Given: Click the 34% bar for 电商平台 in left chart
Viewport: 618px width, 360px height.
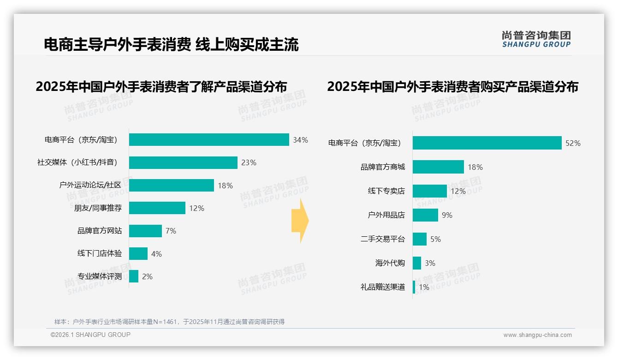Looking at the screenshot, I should tap(209, 139).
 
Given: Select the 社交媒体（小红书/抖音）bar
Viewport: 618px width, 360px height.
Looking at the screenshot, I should tap(183, 162).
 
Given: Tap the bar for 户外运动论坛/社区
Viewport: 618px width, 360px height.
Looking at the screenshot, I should tap(172, 185).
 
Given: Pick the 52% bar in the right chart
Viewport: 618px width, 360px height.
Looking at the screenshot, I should tap(487, 143).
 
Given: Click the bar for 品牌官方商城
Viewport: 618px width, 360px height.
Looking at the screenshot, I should tap(438, 167).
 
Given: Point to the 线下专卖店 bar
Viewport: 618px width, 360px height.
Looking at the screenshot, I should tap(430, 191).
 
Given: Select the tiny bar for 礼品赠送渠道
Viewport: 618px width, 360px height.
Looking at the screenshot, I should tap(414, 287).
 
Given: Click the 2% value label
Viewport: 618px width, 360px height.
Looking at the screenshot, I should tap(147, 276).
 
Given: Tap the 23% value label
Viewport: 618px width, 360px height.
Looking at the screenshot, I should tap(249, 162).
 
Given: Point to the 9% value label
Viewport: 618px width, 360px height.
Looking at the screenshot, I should tap(447, 215).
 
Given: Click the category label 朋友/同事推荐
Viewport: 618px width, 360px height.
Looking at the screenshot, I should tap(98, 208).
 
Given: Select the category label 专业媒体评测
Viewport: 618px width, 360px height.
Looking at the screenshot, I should tap(100, 276).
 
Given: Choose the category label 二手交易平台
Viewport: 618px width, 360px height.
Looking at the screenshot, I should tap(383, 239).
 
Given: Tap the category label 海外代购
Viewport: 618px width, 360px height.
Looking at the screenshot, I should tap(390, 263).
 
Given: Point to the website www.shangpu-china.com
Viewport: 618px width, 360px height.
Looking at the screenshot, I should tap(537, 335).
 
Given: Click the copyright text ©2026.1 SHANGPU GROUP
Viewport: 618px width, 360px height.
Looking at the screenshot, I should tap(90, 335).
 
